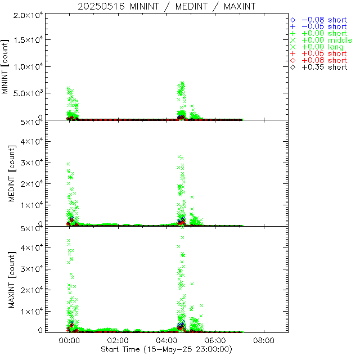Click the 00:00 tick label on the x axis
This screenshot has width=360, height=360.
click(70, 341)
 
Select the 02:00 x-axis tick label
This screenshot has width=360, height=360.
click(118, 341)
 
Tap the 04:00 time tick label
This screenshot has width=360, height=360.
click(167, 341)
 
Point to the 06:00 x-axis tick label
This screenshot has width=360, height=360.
click(215, 341)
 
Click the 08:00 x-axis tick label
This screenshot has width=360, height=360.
click(264, 341)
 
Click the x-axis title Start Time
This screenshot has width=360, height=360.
click(166, 349)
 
